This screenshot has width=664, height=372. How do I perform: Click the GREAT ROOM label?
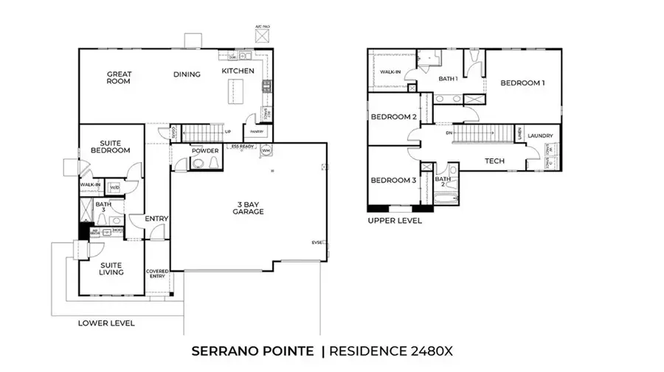[119, 77]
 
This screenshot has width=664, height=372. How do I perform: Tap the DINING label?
[187, 74]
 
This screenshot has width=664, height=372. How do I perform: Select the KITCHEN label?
[238, 71]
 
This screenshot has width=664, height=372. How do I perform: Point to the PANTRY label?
[256, 133]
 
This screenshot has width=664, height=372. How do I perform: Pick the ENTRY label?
[156, 219]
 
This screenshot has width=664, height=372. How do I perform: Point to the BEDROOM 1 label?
[522, 83]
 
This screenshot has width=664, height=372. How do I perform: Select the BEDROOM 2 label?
[393, 117]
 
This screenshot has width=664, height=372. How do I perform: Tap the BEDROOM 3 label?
[393, 180]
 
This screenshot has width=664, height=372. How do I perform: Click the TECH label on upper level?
[494, 161]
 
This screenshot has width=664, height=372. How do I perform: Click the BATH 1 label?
[448, 78]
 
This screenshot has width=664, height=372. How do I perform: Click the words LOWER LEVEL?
[107, 323]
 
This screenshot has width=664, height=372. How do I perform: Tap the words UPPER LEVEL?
[395, 220]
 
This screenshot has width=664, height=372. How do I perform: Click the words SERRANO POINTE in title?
[253, 351]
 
